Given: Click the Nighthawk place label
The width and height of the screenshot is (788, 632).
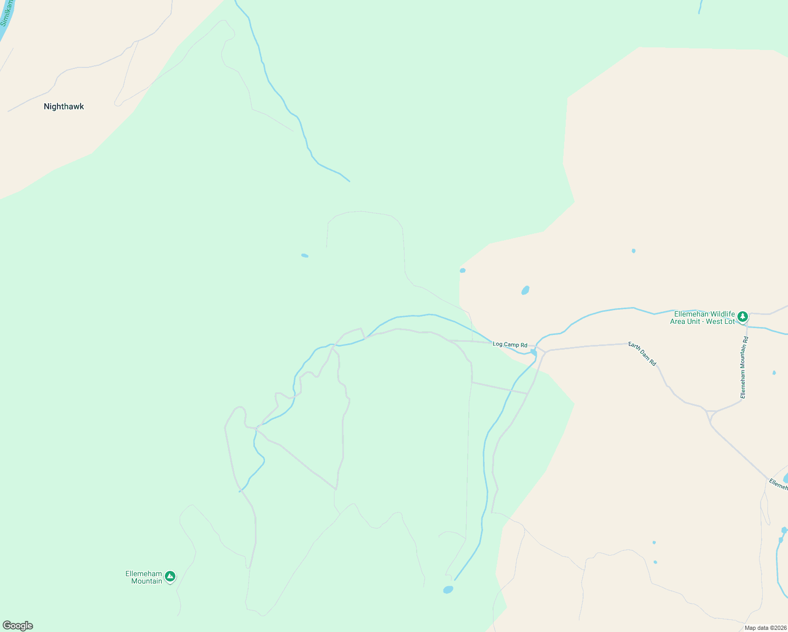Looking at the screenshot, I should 64,106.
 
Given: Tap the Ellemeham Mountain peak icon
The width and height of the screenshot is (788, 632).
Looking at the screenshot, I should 170,577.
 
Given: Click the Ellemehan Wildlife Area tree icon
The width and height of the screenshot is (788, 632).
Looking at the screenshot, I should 742,317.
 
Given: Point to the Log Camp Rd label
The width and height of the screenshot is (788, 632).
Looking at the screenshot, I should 509,344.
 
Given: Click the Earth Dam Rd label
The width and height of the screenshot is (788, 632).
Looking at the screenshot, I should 642,354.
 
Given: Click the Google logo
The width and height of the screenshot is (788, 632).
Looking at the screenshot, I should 17,626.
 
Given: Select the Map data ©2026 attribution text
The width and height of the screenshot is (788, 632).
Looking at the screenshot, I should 765,628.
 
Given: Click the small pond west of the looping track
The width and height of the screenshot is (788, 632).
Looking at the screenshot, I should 304,255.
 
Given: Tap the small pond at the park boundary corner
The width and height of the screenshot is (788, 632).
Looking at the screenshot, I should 462,271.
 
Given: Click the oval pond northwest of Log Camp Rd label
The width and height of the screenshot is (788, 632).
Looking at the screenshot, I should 525,290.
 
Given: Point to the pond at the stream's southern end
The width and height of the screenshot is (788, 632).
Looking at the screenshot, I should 448,589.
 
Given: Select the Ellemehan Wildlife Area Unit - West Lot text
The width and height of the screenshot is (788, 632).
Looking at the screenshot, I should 702,318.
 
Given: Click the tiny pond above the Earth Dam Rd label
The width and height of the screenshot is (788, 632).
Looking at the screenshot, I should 633,251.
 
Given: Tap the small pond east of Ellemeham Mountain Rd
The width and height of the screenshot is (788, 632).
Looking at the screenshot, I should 774,373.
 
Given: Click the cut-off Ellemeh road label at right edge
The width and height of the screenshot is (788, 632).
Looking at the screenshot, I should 779,485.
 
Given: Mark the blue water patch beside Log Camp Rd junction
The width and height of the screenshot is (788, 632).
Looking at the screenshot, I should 534,351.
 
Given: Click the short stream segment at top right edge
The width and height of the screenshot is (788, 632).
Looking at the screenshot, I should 700,6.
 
